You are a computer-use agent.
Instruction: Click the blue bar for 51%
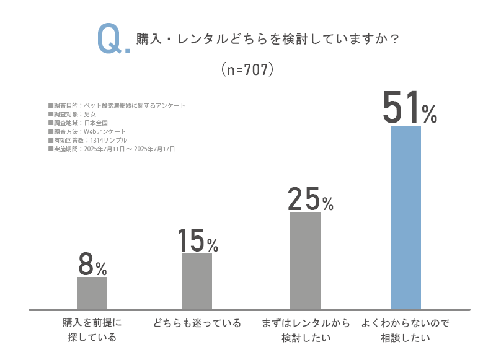(x=405, y=217)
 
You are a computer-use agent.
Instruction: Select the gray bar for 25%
(x=305, y=260)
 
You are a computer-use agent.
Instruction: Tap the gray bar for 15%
(x=197, y=281)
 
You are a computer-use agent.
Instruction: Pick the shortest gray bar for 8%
(x=92, y=292)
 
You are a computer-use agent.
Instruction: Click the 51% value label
(x=409, y=109)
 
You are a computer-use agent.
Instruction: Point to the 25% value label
(x=311, y=200)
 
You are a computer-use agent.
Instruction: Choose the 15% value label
(x=198, y=240)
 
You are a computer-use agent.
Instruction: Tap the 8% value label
(x=93, y=265)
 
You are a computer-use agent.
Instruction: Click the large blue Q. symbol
(x=113, y=39)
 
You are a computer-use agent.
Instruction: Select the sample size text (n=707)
(x=247, y=70)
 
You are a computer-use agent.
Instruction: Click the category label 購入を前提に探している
(x=92, y=330)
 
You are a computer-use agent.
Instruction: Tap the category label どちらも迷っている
(x=197, y=323)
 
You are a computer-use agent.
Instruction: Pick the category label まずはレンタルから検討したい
(x=306, y=330)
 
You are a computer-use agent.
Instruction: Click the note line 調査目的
(x=117, y=105)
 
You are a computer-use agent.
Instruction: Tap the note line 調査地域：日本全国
(x=77, y=123)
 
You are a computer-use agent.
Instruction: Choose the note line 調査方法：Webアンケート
(x=87, y=131)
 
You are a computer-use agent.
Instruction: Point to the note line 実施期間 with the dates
(x=112, y=149)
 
